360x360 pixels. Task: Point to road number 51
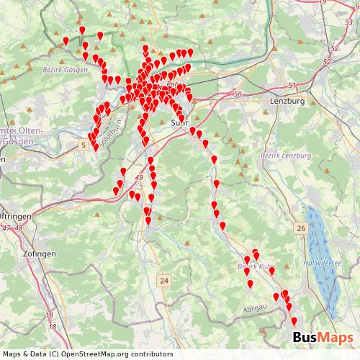[292, 86]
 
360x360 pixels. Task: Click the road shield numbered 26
[300, 228]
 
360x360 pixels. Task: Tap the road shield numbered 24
[165, 280]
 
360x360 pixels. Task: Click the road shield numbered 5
[84, 145]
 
